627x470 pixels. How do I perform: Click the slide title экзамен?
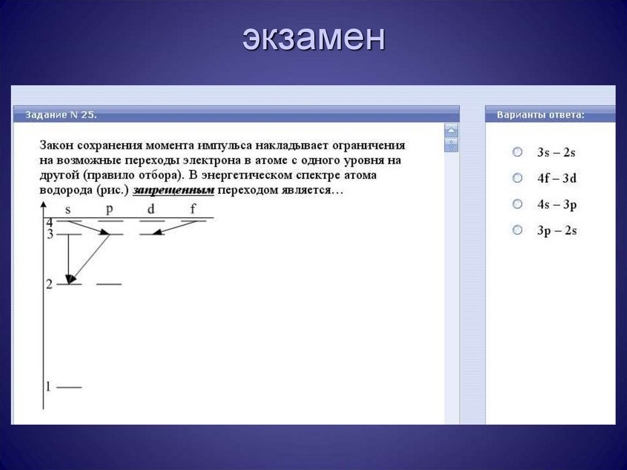pos(313,39)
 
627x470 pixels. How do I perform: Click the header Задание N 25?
pos(61,115)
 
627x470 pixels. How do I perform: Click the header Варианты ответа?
pos(540,115)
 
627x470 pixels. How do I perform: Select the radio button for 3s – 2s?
pos(517,151)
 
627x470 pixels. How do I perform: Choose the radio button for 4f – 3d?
pos(517,178)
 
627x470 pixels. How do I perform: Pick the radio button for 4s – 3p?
pos(517,204)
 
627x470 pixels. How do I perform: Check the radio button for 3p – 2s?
pos(517,230)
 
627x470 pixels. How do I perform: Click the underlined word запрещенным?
pos(173,190)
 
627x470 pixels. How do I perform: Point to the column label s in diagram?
pos(68,210)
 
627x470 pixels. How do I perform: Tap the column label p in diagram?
pos(109,209)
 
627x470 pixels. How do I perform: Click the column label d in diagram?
pos(151,209)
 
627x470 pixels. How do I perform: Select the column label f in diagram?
pos(193,209)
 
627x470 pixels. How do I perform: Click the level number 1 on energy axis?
pos(48,387)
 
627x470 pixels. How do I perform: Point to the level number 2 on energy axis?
pos(49,284)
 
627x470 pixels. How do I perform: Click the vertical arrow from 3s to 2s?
pos(68,257)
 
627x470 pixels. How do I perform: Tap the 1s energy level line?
pos(69,387)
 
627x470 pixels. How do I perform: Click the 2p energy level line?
pos(109,284)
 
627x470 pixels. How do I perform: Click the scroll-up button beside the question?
pos(451,130)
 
